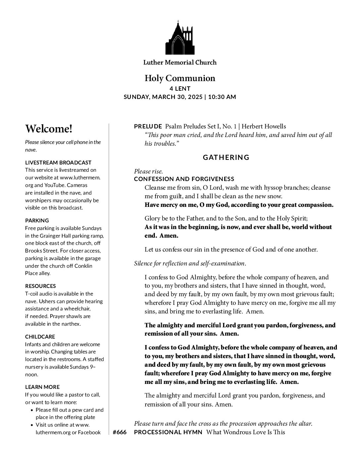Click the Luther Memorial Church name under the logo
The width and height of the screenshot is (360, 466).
coord(180,62)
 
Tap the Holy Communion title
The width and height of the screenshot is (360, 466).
coord(180,78)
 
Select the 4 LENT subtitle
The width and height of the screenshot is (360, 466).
coord(180,89)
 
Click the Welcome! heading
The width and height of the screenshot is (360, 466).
coord(49,129)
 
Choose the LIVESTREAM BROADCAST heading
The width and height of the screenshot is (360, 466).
coord(58,163)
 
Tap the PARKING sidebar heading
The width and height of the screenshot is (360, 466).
coord(37,220)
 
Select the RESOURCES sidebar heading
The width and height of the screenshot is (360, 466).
coord(40,286)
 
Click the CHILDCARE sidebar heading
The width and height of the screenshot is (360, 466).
coord(40,337)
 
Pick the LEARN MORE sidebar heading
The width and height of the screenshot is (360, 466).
coord(42,387)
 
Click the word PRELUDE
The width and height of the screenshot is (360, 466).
coord(148,126)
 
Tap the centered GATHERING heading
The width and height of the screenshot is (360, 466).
coord(226,158)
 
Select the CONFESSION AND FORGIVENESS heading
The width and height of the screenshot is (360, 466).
coord(184,179)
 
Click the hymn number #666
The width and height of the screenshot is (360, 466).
coord(119,432)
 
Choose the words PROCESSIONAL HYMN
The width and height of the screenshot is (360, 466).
coord(168,432)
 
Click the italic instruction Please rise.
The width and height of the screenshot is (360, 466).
coord(148,171)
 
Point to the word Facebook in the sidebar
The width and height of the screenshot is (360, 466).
coord(89,432)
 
